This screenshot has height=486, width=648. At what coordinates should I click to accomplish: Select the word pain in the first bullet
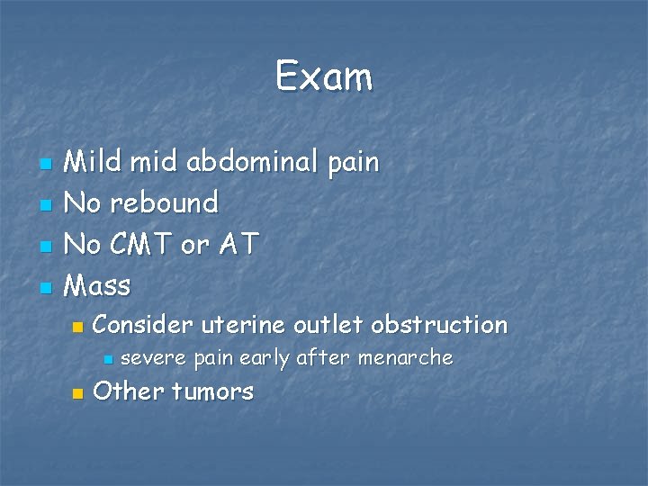(353, 164)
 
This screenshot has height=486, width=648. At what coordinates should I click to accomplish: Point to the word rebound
(166, 202)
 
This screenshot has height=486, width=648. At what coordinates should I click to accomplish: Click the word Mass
(99, 286)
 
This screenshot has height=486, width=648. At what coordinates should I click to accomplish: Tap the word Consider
(142, 324)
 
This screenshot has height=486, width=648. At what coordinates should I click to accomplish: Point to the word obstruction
(439, 324)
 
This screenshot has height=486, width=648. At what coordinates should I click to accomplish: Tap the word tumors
(212, 392)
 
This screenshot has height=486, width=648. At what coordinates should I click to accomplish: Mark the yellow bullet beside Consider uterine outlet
(77, 326)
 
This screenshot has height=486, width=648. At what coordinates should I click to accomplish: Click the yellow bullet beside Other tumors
(77, 393)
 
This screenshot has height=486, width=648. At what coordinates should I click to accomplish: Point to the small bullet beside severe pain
(107, 360)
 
